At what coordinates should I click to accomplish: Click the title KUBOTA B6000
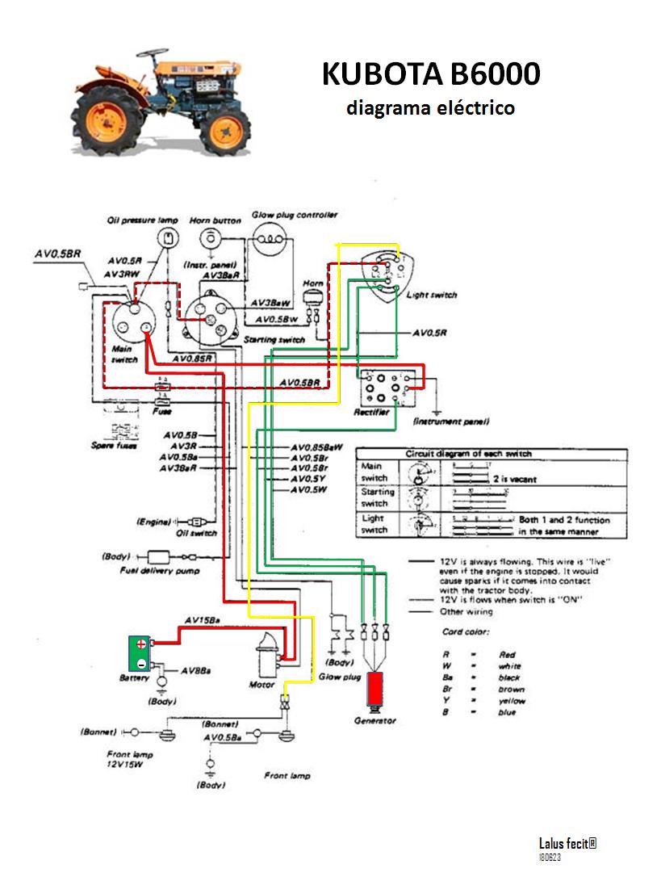click(431, 73)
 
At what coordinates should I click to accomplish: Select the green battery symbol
click(140, 652)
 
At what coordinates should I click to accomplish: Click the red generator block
click(374, 690)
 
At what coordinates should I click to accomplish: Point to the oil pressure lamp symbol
click(168, 237)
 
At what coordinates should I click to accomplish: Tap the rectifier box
click(386, 389)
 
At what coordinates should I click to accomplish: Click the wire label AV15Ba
click(203, 620)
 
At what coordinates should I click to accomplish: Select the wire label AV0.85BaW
click(317, 447)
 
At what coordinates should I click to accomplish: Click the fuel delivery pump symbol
click(165, 557)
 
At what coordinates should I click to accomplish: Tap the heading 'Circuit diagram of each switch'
click(468, 454)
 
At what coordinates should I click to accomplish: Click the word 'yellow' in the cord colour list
click(511, 701)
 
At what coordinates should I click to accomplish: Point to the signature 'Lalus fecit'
click(567, 844)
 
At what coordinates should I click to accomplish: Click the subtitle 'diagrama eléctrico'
click(430, 107)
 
